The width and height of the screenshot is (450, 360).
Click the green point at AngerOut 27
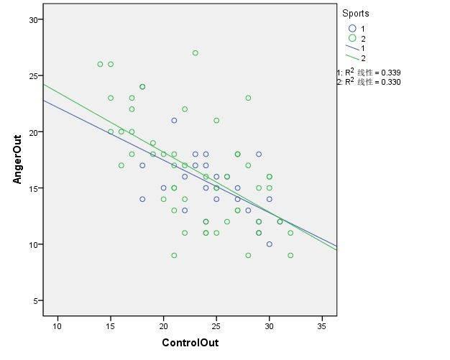pyautogui.click(x=196, y=53)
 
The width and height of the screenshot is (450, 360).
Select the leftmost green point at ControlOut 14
pyautogui.click(x=100, y=64)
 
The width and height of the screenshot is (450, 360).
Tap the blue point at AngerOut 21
pyautogui.click(x=174, y=120)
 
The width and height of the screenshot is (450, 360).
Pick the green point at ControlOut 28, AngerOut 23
pyautogui.click(x=248, y=98)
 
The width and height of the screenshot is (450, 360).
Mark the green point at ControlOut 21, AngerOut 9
pyautogui.click(x=174, y=255)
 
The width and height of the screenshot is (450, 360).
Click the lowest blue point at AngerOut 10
pyautogui.click(x=270, y=244)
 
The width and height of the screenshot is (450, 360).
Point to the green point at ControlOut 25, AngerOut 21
pyautogui.click(x=216, y=120)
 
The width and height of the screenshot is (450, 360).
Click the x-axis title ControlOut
pyautogui.click(x=190, y=343)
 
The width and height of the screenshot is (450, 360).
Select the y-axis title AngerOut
pyautogui.click(x=17, y=157)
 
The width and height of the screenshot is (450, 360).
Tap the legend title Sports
pyautogui.click(x=356, y=13)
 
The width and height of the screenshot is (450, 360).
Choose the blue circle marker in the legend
pyautogui.click(x=352, y=28)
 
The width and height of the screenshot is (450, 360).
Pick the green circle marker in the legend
pyautogui.click(x=352, y=38)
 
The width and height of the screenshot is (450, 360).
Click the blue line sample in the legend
pyautogui.click(x=352, y=48)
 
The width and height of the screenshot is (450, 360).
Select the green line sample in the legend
pyautogui.click(x=352, y=57)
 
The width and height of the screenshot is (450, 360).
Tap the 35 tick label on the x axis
pyautogui.click(x=323, y=325)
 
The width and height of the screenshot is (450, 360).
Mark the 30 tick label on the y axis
pyautogui.click(x=33, y=20)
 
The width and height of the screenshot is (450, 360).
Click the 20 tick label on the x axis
pyautogui.click(x=163, y=325)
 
